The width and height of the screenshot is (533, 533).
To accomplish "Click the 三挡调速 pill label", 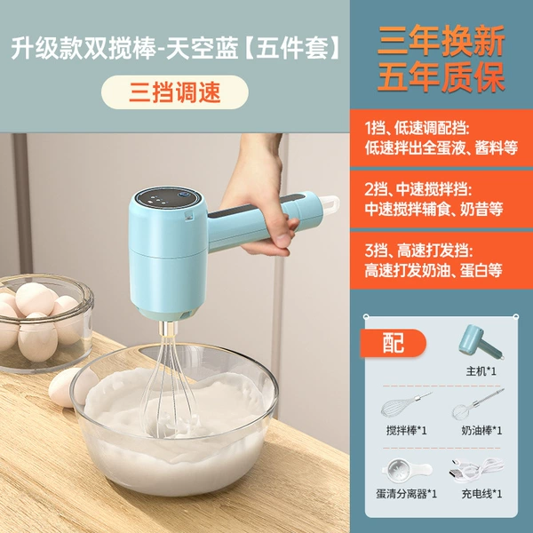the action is (175, 92).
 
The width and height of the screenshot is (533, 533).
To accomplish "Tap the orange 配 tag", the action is (393, 343).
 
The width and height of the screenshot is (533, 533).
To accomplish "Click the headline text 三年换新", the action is (442, 41).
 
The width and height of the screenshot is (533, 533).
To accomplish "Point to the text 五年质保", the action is (442, 76).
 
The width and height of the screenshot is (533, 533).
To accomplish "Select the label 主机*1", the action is (481, 370).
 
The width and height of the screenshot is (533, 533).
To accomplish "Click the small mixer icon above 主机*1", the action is (481, 342).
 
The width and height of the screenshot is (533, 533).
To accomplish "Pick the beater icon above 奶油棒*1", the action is (478, 404).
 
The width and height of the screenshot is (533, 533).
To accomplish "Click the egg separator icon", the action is (407, 471).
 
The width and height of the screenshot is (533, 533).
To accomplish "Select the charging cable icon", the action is (477, 470).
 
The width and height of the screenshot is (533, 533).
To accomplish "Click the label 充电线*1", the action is (481, 493).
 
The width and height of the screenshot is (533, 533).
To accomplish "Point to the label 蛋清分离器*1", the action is (406, 493).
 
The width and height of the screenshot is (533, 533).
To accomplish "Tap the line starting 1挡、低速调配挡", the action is (417, 128).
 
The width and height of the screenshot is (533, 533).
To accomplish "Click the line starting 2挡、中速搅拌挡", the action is (418, 189).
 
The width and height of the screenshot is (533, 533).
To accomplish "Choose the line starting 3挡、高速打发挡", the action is (418, 251).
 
